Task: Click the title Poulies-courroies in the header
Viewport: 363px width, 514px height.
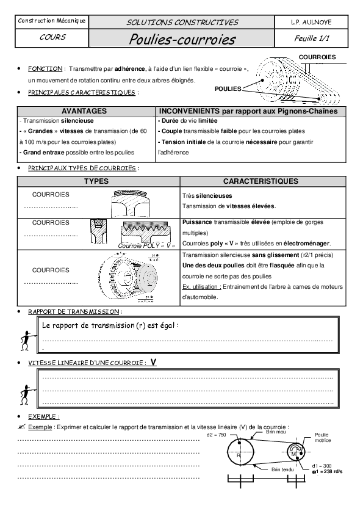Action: tap(182, 40)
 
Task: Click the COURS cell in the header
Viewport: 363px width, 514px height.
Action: tap(52, 37)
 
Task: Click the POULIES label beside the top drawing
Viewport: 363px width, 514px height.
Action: tap(228, 89)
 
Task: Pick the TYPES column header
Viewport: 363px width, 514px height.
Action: tap(96, 181)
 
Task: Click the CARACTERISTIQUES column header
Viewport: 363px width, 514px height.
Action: tap(261, 181)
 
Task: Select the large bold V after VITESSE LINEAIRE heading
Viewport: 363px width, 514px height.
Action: tap(153, 362)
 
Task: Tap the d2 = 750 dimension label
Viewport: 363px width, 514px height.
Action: tap(216, 435)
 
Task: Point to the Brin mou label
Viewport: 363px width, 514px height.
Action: tap(275, 431)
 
